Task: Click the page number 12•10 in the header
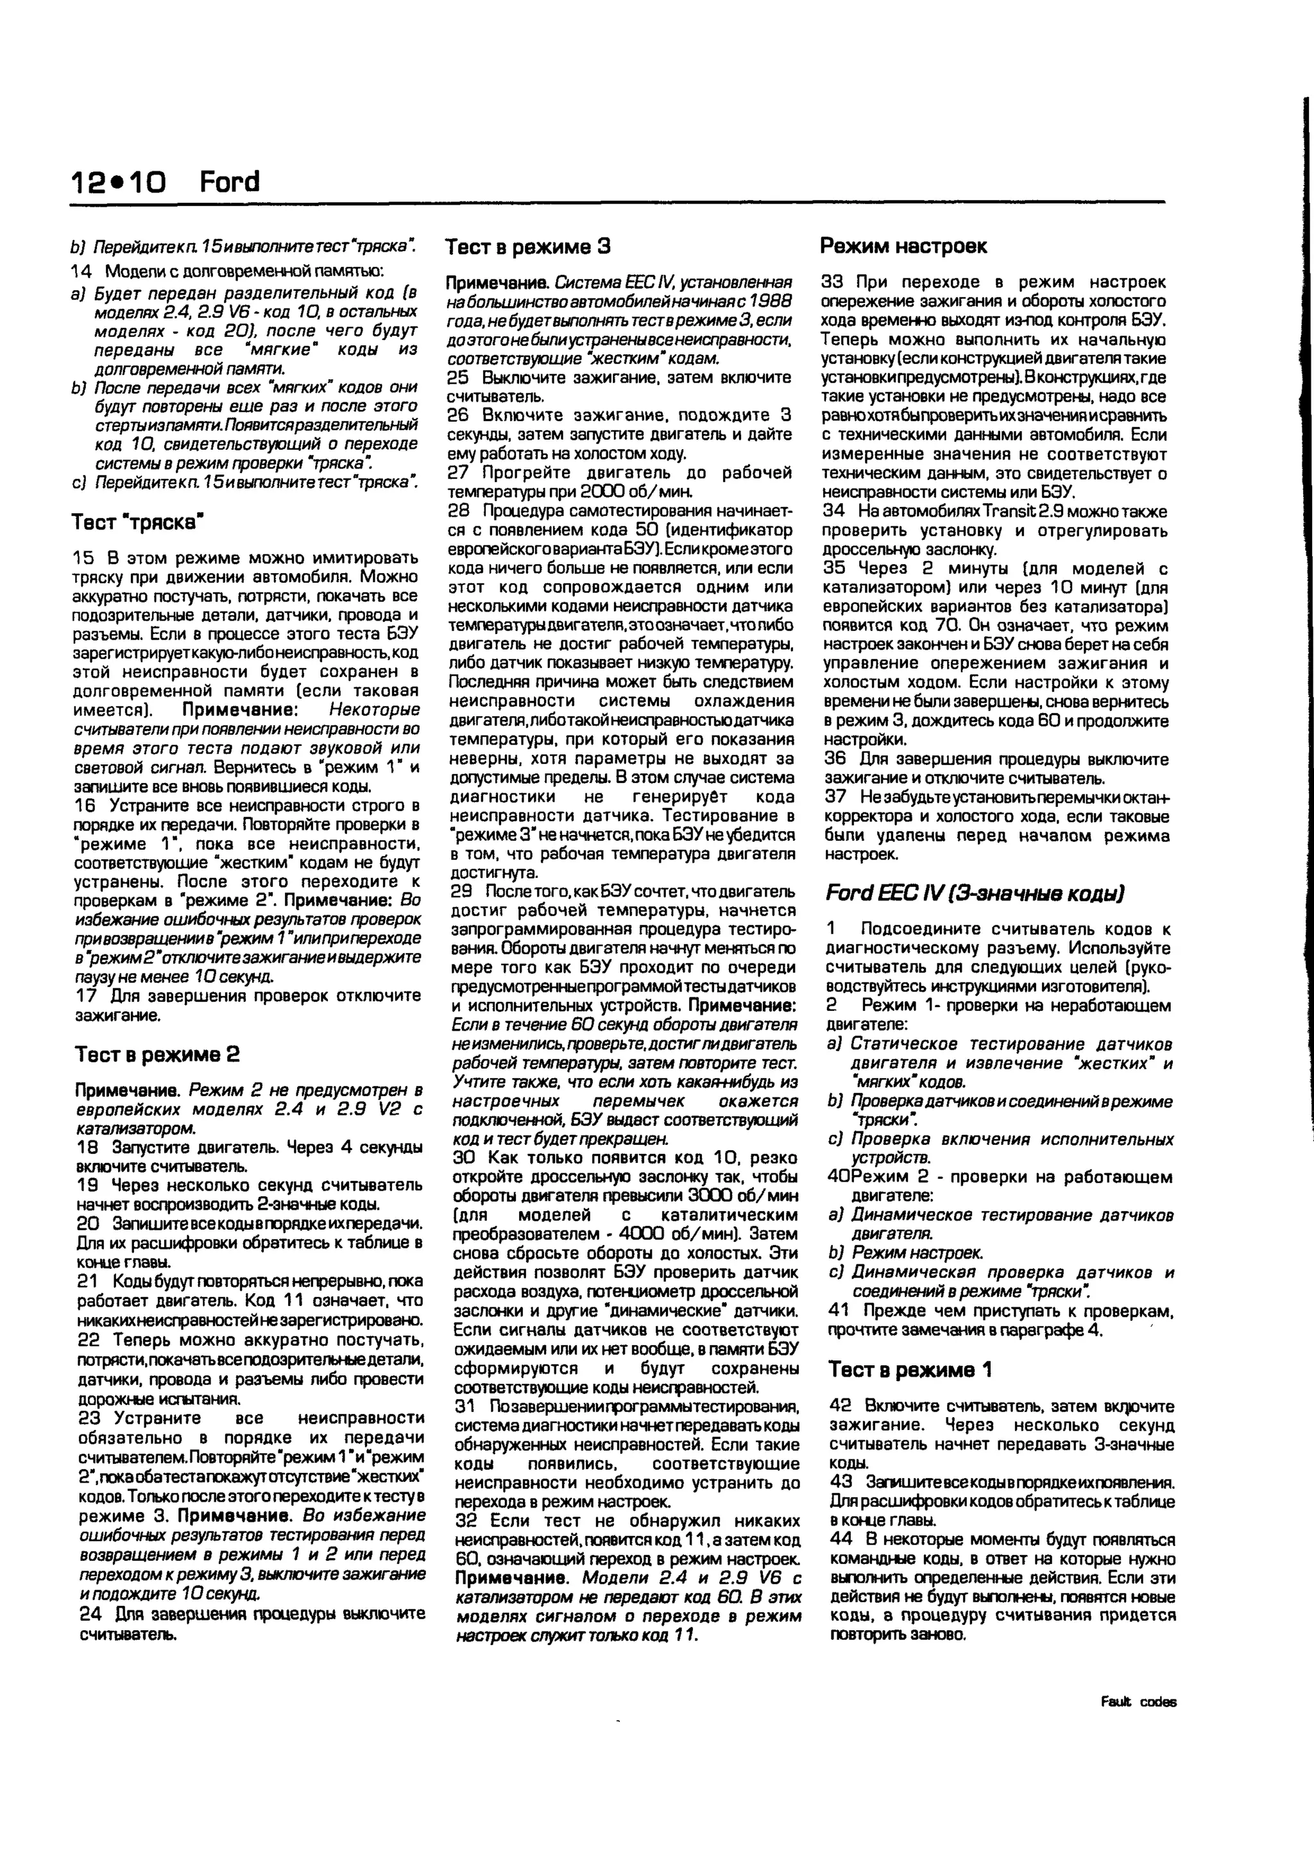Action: [x=117, y=183]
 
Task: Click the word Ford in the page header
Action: [x=229, y=182]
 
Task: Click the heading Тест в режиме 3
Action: [x=528, y=247]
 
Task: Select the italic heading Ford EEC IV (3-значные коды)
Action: [x=974, y=893]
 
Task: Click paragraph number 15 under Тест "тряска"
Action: [x=84, y=558]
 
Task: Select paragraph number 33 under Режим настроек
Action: [x=833, y=282]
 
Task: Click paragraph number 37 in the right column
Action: [x=834, y=797]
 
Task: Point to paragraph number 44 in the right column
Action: [x=840, y=1538]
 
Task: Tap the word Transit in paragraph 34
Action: [x=985, y=512]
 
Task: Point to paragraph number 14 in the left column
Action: [x=81, y=270]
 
